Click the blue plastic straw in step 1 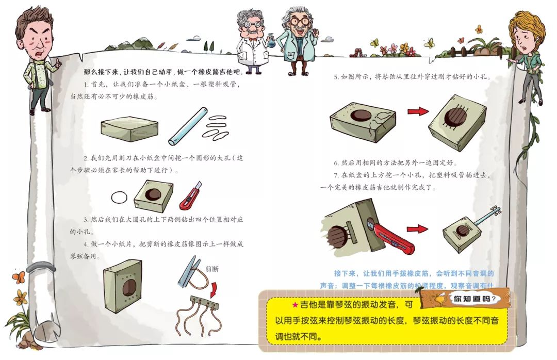pyautogui.click(x=187, y=126)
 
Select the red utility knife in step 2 pyautogui.click(x=190, y=196)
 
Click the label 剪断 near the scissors pyautogui.click(x=211, y=269)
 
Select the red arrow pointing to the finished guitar pyautogui.click(x=417, y=228)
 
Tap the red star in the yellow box pyautogui.click(x=295, y=305)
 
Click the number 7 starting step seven pyautogui.click(x=336, y=175)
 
